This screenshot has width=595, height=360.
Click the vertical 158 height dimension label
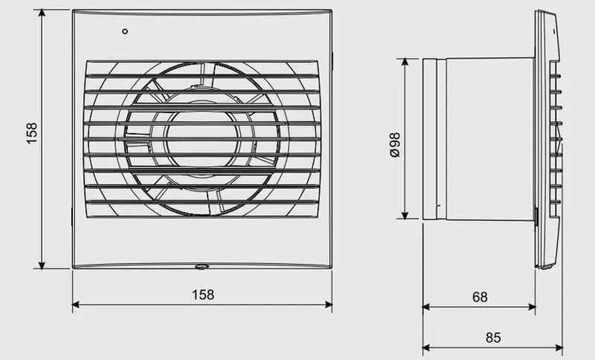pos(32,133)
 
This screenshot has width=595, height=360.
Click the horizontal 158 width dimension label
pos(203,295)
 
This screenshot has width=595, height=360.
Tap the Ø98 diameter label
pos(395,145)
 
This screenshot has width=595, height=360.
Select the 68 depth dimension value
pos(480,297)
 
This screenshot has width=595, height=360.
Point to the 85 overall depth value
pos(493,337)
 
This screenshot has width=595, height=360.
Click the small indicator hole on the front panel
pos(125,31)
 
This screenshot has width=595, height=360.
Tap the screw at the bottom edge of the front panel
pos(202,267)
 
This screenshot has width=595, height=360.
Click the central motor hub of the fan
pos(203,139)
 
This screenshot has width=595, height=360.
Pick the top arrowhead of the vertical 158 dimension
pos(42,13)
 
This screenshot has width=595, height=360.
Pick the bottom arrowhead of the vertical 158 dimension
pos(42,265)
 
